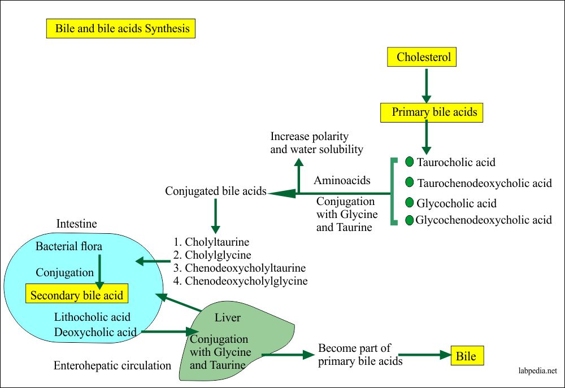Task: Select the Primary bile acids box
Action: [433, 112]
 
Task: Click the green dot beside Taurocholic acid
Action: [410, 162]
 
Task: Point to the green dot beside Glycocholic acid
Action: [410, 202]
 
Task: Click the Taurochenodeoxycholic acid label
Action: [484, 183]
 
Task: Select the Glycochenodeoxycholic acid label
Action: [483, 220]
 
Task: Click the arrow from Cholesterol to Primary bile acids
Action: [426, 84]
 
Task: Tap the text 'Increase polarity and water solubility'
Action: [316, 143]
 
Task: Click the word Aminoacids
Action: [342, 181]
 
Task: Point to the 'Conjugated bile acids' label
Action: [215, 191]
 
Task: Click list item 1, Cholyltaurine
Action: [213, 242]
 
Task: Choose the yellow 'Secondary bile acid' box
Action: [77, 295]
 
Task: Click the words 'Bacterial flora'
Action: [68, 247]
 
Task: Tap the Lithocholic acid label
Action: [92, 317]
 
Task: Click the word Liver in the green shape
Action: [228, 318]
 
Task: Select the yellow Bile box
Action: [466, 356]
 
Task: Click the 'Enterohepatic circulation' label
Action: [112, 365]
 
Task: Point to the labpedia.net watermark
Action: [537, 371]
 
